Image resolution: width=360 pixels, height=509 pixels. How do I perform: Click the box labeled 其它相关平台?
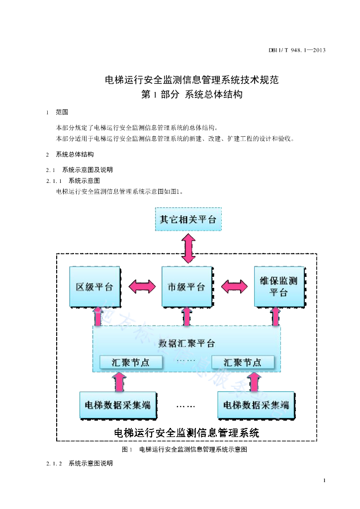point(188,219)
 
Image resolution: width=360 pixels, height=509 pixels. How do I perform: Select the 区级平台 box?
point(95,287)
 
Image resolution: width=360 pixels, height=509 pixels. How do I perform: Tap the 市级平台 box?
point(187,287)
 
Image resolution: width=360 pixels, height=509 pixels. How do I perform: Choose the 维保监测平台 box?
point(279,287)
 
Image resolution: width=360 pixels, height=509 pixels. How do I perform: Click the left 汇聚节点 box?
point(131,362)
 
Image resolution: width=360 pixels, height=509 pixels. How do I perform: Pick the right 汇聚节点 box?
point(243,362)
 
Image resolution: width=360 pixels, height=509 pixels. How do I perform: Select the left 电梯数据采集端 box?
point(118,405)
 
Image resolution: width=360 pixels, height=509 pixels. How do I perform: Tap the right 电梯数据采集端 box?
point(256,405)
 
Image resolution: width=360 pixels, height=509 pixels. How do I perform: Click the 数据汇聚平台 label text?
point(186,343)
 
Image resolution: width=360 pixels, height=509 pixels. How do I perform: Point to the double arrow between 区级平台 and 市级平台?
point(142,287)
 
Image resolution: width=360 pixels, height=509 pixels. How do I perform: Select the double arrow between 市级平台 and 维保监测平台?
point(234,287)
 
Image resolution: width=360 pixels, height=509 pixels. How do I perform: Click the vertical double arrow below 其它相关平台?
point(188,249)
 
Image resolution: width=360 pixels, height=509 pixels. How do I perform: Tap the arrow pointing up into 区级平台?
point(98,317)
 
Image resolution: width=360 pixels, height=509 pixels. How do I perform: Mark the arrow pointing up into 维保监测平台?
point(275,317)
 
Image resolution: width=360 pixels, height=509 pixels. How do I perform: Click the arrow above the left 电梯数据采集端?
point(119,382)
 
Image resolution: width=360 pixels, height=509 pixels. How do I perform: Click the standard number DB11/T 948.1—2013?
point(297,50)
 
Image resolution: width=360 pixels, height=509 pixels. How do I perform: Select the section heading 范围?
point(62,112)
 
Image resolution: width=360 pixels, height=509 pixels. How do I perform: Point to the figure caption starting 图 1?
point(184,449)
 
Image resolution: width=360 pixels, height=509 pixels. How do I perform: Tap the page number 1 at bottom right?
point(324,481)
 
